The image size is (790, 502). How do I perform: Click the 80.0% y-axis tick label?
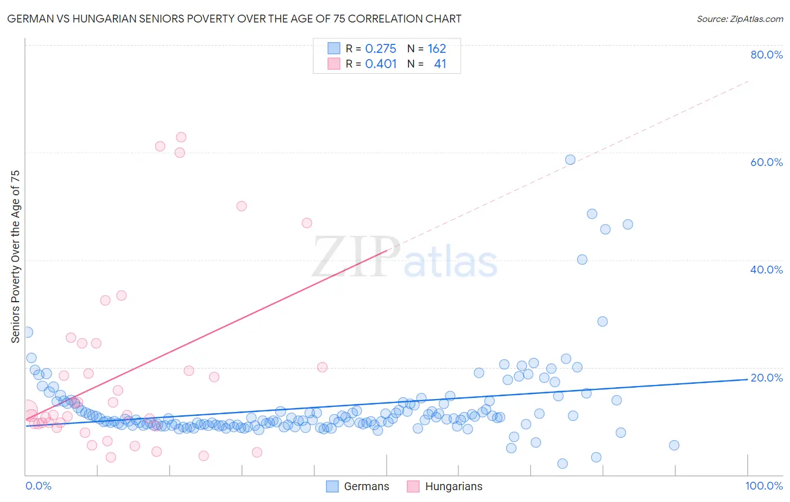(x=766, y=55)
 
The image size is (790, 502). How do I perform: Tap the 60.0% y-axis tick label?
(x=766, y=162)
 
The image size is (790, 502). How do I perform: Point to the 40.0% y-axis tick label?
(x=766, y=270)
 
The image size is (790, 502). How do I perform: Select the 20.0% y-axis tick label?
(x=766, y=378)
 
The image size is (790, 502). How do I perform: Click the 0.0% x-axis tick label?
(x=38, y=486)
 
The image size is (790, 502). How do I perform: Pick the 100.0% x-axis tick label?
(x=764, y=486)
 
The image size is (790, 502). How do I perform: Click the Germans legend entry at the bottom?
(x=358, y=486)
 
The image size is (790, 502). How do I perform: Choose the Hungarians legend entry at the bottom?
(x=444, y=486)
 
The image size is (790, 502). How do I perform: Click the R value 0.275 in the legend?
(x=380, y=49)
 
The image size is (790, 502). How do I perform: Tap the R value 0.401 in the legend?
(x=380, y=64)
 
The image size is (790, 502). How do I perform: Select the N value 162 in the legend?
(x=437, y=49)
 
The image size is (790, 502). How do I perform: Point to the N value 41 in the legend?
(x=440, y=64)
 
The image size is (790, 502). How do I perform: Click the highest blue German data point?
(x=570, y=160)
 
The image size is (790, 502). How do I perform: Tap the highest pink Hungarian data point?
(x=181, y=137)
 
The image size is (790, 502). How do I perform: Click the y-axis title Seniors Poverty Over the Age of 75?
(x=15, y=257)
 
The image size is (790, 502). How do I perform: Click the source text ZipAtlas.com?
(x=739, y=19)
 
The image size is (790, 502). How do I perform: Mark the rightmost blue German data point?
(x=674, y=445)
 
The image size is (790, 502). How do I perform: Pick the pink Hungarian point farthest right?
(x=323, y=367)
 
